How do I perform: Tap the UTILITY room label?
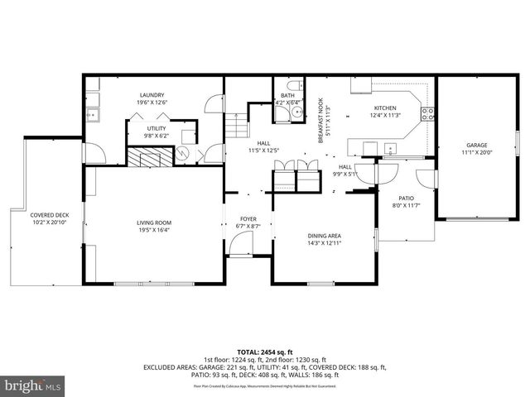tap(157, 128)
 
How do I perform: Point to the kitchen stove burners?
tap(428, 114)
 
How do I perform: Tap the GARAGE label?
tap(475, 146)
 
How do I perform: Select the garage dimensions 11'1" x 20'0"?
tap(475, 152)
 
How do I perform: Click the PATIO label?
tap(406, 198)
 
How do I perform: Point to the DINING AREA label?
tap(325, 236)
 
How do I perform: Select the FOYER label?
tap(248, 219)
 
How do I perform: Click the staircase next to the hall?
tap(238, 127)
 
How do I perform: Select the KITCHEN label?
tap(385, 108)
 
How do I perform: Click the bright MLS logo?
tap(33, 385)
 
